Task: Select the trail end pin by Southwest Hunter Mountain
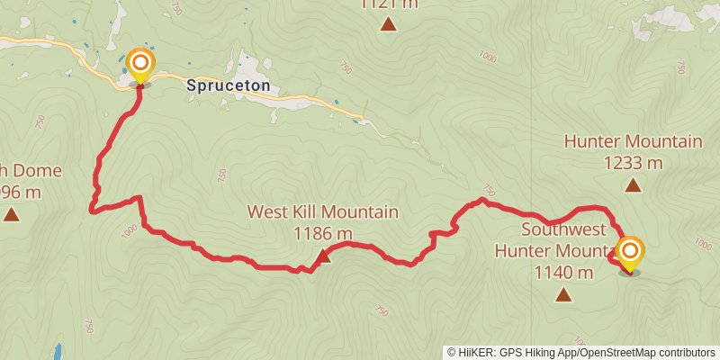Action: click(629, 252)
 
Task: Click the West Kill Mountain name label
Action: click(323, 213)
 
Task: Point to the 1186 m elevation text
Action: click(323, 233)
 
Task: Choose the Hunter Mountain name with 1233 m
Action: click(633, 141)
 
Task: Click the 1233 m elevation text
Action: click(633, 163)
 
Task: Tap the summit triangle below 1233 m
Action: click(633, 186)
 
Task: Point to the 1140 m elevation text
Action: click(563, 272)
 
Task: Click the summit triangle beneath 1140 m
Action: click(563, 294)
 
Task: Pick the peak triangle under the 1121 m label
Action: click(388, 24)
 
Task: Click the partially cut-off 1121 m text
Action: click(388, 4)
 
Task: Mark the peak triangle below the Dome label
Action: click(11, 214)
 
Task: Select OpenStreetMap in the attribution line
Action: click(624, 353)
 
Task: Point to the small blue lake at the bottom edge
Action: click(57, 351)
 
